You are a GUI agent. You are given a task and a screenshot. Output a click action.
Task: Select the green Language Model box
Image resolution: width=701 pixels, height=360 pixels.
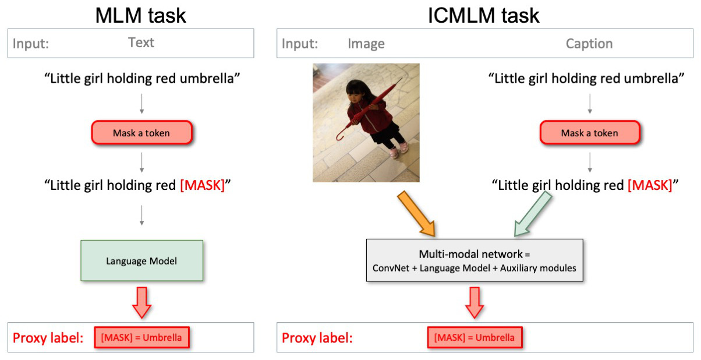click(x=141, y=261)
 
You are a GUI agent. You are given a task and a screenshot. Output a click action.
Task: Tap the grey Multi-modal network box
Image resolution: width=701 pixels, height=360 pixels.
click(x=474, y=260)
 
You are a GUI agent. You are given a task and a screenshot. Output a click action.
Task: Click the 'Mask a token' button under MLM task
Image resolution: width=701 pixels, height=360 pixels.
click(x=141, y=133)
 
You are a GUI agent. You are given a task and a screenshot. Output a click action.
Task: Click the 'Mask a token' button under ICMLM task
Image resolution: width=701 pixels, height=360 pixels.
click(x=589, y=133)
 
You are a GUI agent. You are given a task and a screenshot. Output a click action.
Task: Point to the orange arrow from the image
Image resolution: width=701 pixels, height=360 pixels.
click(x=416, y=214)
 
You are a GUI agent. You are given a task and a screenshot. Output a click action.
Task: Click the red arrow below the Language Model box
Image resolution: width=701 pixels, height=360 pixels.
click(x=141, y=301)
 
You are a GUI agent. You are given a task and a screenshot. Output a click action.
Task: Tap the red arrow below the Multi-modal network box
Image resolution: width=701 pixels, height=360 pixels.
click(x=475, y=301)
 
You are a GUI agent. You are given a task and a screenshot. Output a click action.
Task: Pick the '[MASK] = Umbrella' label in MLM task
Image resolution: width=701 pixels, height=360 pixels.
click(x=141, y=337)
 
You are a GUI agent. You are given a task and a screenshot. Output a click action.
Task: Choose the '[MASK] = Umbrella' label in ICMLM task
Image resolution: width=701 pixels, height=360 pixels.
click(x=475, y=337)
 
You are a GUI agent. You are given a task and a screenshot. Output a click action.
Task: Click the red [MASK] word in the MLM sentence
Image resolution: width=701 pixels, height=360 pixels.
click(x=202, y=186)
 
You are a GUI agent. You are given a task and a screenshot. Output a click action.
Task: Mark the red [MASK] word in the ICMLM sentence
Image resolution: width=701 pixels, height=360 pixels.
click(x=650, y=186)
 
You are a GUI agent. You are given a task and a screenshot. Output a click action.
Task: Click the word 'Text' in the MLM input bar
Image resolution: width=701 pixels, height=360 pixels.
click(x=141, y=43)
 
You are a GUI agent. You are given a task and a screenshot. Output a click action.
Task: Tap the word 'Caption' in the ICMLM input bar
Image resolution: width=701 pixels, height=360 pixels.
click(x=589, y=44)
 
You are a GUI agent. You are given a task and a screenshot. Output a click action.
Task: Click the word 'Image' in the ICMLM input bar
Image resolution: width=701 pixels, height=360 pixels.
click(x=366, y=44)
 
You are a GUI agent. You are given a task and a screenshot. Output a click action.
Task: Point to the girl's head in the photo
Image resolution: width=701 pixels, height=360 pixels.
click(x=355, y=92)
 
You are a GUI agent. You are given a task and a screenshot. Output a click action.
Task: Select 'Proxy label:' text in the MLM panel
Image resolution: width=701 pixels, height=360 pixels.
click(x=49, y=338)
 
